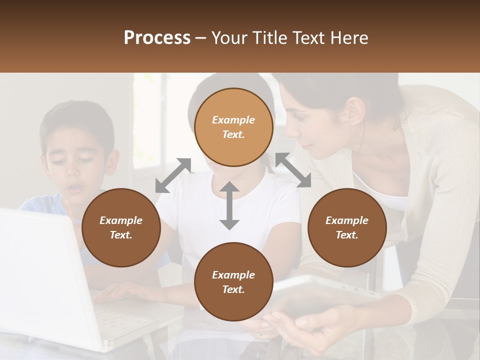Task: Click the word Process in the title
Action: tap(157, 38)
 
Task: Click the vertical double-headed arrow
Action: tap(229, 205)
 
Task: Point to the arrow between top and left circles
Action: tap(173, 175)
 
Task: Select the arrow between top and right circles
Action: tap(293, 170)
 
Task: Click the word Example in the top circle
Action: tap(233, 120)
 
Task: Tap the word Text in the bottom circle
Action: tap(233, 289)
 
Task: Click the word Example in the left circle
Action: tap(121, 220)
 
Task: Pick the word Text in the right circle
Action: tap(347, 235)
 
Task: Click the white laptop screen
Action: tap(40, 270)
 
